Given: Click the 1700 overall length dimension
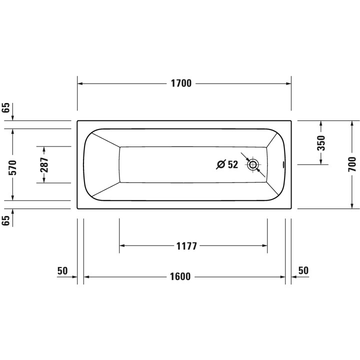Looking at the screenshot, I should [180, 83].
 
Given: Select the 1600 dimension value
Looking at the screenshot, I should [180, 276].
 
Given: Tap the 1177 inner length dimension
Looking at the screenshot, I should [187, 245].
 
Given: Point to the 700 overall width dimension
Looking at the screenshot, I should [352, 164].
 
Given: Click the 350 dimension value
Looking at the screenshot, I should [321, 143].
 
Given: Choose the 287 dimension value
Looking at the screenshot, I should [44, 165].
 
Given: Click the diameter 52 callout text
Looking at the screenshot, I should [227, 164].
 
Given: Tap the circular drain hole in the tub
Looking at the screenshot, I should [253, 164].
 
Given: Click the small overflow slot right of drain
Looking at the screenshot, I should [284, 164].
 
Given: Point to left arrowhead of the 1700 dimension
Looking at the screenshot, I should [80, 83].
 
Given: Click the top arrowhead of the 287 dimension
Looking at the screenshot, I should [44, 149].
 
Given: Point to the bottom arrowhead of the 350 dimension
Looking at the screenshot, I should [321, 161].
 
